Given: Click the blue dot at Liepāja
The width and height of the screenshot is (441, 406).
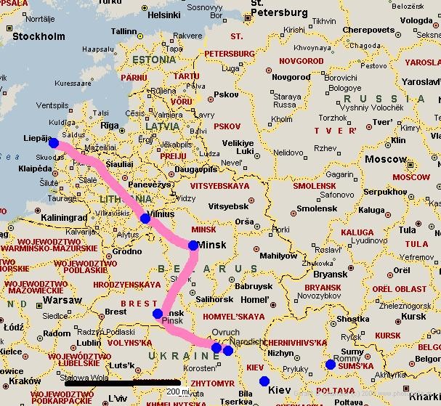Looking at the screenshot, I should coord(53,142).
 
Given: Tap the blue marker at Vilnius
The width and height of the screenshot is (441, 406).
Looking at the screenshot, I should coord(145,218).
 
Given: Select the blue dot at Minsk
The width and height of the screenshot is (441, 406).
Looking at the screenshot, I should coord(193,245).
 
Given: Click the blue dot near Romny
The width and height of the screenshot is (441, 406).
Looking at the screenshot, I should coord(331,365).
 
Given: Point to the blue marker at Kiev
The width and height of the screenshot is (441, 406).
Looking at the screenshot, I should coord(264,381).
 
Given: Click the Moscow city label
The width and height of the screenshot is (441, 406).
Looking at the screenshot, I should coord(386,159).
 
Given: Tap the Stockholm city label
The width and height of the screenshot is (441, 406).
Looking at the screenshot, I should coord(39,36).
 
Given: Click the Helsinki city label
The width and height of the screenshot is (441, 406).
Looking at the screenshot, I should coord(164,14).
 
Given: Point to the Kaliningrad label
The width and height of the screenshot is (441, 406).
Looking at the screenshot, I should coord(63,217).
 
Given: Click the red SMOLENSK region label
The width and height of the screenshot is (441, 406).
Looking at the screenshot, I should coord(314,186).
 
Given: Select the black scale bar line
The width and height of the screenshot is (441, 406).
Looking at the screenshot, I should coord(123,382).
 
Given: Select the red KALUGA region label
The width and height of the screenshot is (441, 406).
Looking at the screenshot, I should coord(357,233).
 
